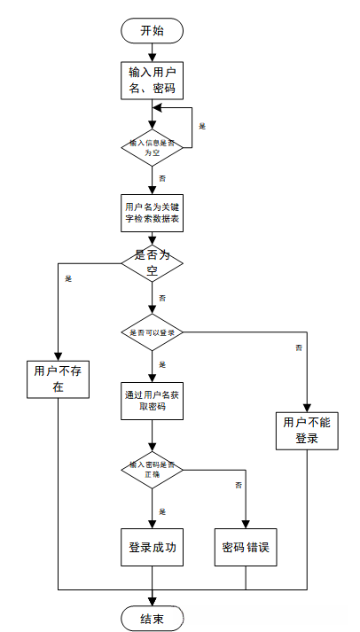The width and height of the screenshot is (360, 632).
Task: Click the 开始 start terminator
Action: pyautogui.click(x=153, y=29)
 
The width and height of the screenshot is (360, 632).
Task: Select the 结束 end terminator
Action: pyautogui.click(x=153, y=617)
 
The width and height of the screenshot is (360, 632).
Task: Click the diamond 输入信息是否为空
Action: pyautogui.click(x=153, y=147)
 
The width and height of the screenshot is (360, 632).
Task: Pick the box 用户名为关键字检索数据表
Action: pyautogui.click(x=153, y=213)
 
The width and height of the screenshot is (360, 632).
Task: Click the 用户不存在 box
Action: pyautogui.click(x=57, y=379)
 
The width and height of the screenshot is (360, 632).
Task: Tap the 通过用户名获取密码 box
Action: pyautogui.click(x=153, y=402)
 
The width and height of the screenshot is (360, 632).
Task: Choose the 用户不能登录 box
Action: pyautogui.click(x=307, y=430)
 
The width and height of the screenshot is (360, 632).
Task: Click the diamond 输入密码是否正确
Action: pyautogui.click(x=153, y=470)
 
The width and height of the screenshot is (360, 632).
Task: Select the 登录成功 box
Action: pyautogui.click(x=153, y=548)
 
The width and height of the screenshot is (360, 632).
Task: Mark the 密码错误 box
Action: pyautogui.click(x=245, y=548)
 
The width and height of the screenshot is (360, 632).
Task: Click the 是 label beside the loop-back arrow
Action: pyautogui.click(x=201, y=126)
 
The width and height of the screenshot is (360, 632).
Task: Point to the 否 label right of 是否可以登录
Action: pyautogui.click(x=298, y=347)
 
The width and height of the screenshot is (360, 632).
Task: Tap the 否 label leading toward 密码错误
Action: pyautogui.click(x=238, y=485)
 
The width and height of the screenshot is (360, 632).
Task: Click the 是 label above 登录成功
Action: pyautogui.click(x=162, y=511)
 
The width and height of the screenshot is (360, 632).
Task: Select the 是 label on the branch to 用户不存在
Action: pyautogui.click(x=68, y=278)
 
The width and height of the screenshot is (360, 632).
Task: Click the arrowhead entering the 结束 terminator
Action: pyautogui.click(x=153, y=600)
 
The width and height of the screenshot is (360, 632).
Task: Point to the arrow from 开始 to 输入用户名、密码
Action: pyautogui.click(x=153, y=51)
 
